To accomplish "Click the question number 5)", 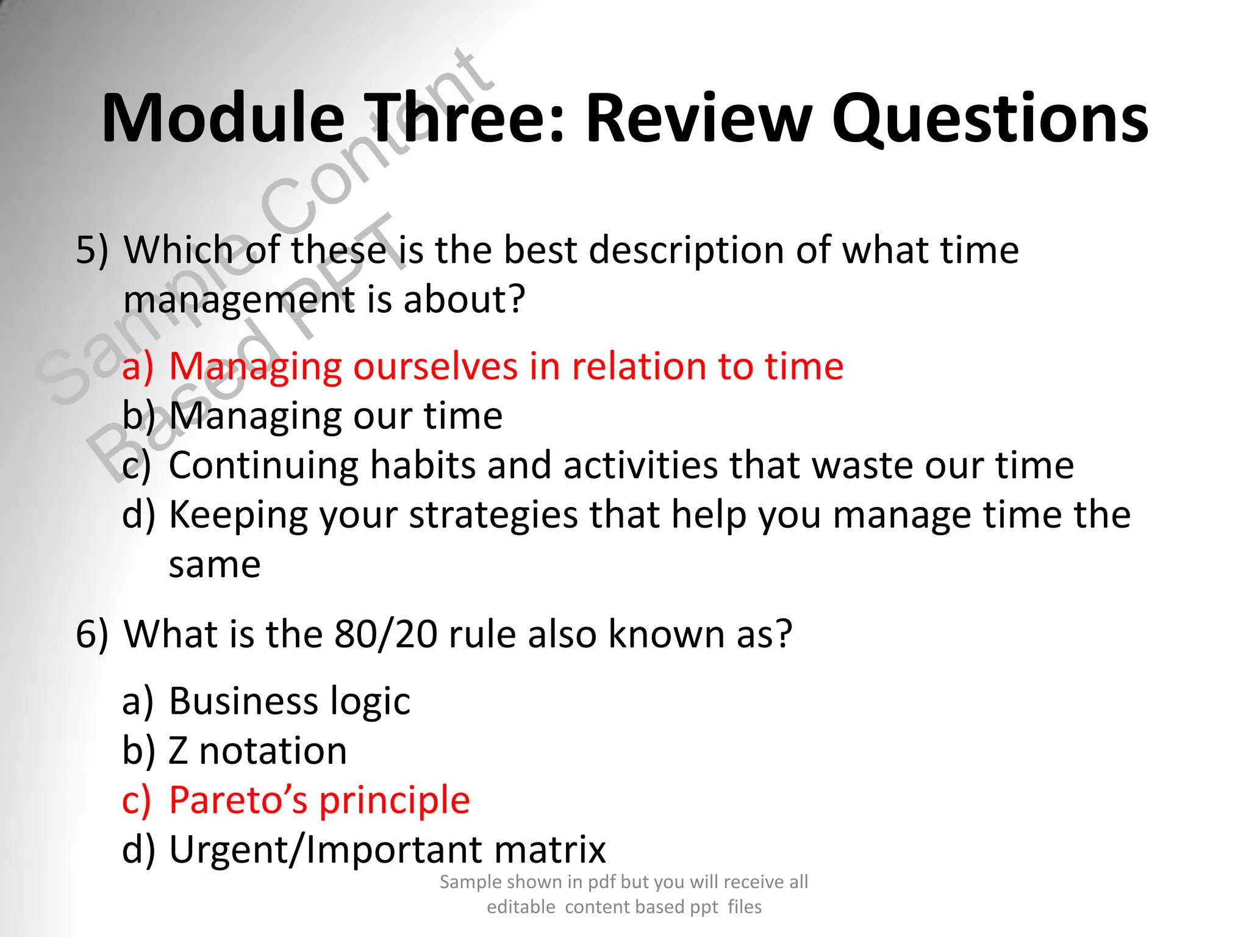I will pyautogui.click(x=92, y=250).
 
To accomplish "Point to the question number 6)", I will pyautogui.click(x=92, y=634).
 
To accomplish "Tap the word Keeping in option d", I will pyautogui.click(x=238, y=515).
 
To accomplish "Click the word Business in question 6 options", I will pyautogui.click(x=243, y=701).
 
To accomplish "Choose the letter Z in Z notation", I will pyautogui.click(x=178, y=751).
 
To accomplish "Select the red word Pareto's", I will pyautogui.click(x=238, y=800).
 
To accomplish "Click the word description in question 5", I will pyautogui.click(x=686, y=250).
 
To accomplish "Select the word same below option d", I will pyautogui.click(x=215, y=565).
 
